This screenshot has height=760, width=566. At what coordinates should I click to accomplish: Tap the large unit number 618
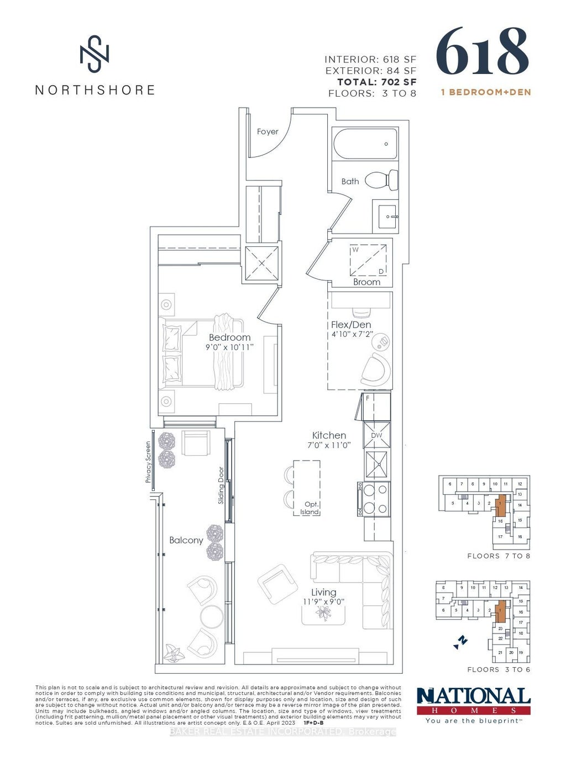482,52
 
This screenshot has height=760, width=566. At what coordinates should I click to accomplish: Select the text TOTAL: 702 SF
377,82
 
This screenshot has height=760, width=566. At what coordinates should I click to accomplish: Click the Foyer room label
268,131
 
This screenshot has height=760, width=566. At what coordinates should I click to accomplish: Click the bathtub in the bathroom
365,144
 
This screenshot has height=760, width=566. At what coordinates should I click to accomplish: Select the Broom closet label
366,282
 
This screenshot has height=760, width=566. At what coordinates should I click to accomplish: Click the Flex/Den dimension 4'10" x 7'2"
352,335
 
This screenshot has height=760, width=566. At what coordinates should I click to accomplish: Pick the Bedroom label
229,337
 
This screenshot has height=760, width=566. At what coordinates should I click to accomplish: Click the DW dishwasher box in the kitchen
376,435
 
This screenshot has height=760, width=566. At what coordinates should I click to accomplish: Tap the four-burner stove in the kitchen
374,499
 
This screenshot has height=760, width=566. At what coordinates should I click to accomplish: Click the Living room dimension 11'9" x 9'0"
323,601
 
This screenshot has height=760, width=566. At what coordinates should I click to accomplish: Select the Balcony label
186,540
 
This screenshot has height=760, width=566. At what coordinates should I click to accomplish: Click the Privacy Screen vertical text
148,462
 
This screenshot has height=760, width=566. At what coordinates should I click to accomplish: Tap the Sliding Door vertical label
221,485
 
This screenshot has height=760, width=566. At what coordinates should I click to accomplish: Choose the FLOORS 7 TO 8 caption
499,556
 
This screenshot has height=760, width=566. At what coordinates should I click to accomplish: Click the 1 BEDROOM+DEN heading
485,92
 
